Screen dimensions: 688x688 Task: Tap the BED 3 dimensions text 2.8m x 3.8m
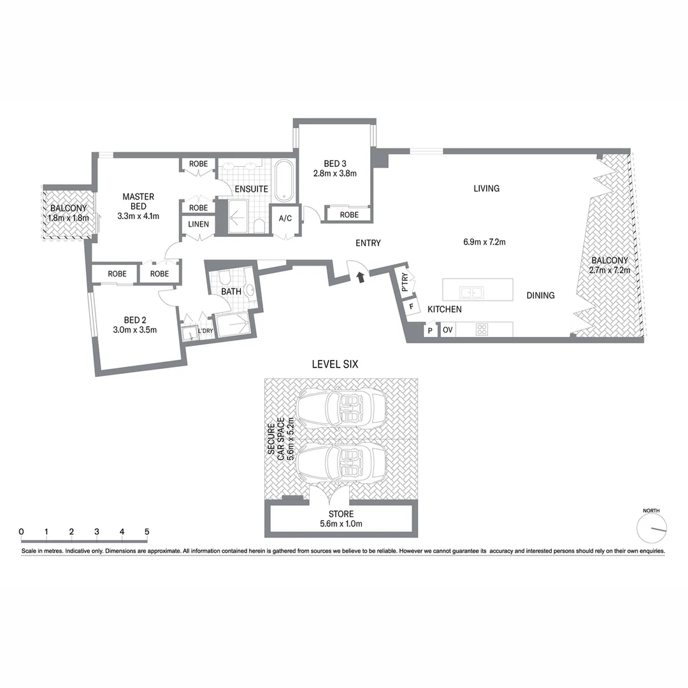coord(334,173)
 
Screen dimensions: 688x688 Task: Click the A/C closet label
coord(285,219)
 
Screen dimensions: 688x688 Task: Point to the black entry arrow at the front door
coord(361,276)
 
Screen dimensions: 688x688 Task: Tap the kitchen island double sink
coord(472,292)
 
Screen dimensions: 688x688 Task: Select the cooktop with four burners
coord(482,330)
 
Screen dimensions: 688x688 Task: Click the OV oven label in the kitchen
coord(448,330)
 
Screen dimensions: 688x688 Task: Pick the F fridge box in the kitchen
coord(412,306)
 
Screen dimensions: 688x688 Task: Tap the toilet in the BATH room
coord(224,276)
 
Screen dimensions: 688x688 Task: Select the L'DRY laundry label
coord(205,331)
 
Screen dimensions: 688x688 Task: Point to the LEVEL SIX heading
coord(334,365)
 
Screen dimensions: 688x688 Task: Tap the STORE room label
coord(341,514)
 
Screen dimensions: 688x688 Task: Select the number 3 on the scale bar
coord(96,532)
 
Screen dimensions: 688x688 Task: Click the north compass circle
coord(651,527)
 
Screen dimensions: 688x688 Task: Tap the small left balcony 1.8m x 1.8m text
coord(68,218)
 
